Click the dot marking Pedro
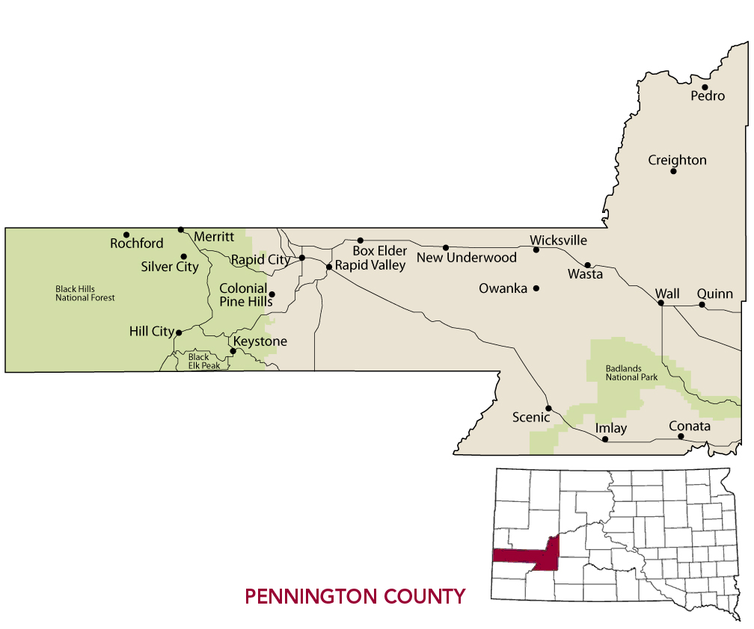click(705, 87)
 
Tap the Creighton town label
click(677, 160)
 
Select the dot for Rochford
click(126, 235)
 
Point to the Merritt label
click(214, 237)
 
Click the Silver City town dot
click(184, 256)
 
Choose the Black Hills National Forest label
click(85, 293)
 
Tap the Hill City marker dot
click(178, 332)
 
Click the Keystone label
click(260, 341)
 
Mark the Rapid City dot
click(302, 258)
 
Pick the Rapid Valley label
click(370, 265)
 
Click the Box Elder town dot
click(360, 241)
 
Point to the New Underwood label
click(467, 258)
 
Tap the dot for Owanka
click(536, 288)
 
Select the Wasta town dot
click(588, 264)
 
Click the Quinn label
click(715, 294)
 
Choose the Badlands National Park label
click(632, 373)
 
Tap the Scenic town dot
click(548, 408)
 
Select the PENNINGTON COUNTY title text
click(355, 596)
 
